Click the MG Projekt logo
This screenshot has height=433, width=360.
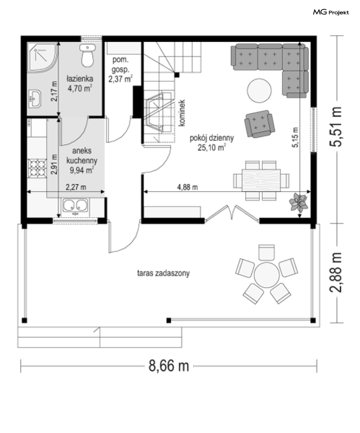(x=331, y=12)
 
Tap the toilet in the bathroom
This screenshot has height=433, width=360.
(x=87, y=55)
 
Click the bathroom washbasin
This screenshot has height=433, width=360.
(x=35, y=99)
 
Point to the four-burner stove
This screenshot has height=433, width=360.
(x=37, y=168)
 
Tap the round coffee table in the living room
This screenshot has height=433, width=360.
(x=259, y=91)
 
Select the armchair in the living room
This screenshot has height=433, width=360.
(x=260, y=124)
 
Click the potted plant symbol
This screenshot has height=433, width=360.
(x=298, y=202)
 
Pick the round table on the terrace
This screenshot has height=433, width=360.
(x=267, y=275)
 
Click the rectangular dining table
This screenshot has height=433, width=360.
(x=261, y=180)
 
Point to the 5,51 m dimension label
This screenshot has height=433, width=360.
(x=336, y=127)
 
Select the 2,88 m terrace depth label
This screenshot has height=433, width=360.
(x=336, y=273)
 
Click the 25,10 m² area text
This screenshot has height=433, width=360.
(x=212, y=147)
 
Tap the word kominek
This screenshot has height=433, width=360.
(x=182, y=113)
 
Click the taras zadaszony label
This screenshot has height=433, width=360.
(x=164, y=273)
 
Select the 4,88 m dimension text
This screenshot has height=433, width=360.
(x=188, y=187)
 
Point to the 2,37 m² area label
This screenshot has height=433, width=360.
(x=121, y=79)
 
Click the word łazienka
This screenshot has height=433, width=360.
(x=80, y=79)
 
